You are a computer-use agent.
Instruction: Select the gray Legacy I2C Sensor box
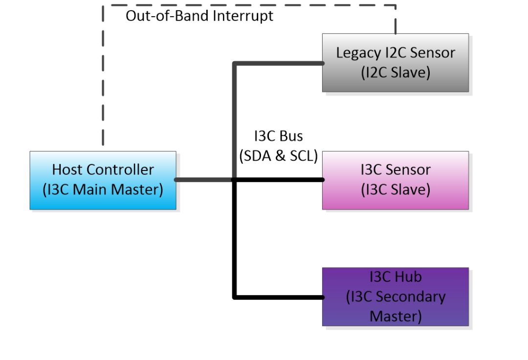[395, 63]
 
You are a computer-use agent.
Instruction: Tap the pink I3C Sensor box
[395, 180]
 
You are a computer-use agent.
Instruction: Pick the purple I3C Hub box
[395, 296]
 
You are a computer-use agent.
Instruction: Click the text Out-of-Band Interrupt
[199, 16]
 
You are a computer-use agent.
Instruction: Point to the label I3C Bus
[278, 137]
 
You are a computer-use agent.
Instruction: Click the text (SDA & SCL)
[278, 156]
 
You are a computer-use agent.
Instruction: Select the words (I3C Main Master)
[103, 190]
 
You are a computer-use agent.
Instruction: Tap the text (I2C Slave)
[395, 73]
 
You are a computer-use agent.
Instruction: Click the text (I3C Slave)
[395, 190]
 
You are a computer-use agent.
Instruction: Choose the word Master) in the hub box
[395, 316]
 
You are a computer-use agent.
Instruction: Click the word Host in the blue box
[67, 170]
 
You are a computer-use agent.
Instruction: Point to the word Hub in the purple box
[408, 277]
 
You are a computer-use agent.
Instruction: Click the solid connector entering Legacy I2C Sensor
[279, 63]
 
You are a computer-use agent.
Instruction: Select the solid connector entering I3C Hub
[279, 297]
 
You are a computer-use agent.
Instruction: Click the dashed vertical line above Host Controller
[103, 78]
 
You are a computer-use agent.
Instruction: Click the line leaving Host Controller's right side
[203, 180]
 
